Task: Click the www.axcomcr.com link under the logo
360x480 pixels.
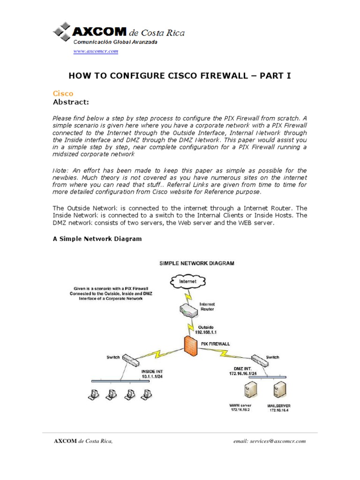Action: click(x=96, y=52)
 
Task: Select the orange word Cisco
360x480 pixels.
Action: click(x=63, y=94)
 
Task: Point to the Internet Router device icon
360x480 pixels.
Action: click(x=189, y=307)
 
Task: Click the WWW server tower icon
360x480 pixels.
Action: click(x=249, y=390)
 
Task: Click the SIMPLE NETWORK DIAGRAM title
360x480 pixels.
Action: click(x=197, y=263)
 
